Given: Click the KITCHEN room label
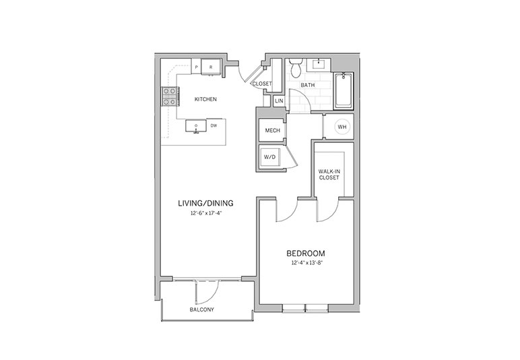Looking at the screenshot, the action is tap(205, 99).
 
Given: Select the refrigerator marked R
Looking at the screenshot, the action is tap(212, 67).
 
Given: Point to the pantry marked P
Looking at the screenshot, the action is tap(196, 67).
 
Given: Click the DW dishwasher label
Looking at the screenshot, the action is tap(214, 126).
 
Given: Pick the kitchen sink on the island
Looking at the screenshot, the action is tap(196, 127).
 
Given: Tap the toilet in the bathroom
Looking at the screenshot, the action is tap(296, 67).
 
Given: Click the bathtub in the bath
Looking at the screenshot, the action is tap(344, 90).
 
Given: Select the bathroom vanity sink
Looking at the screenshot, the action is tap(319, 64).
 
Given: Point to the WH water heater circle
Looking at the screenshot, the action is tap(342, 127).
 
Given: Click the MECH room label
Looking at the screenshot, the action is tap(273, 130).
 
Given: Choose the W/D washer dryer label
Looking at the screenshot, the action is tap(269, 157).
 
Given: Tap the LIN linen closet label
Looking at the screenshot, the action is tap(280, 100).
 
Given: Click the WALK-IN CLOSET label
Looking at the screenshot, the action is tap(329, 175).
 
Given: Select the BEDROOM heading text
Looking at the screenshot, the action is tap(306, 254).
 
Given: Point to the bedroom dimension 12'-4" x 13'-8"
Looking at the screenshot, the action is tap(307, 264).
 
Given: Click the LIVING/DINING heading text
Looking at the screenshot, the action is tap(205, 203).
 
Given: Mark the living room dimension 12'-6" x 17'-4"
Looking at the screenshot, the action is tap(205, 213).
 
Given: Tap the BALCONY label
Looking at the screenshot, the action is tap(202, 309).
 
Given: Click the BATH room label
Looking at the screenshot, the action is tap(308, 85).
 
